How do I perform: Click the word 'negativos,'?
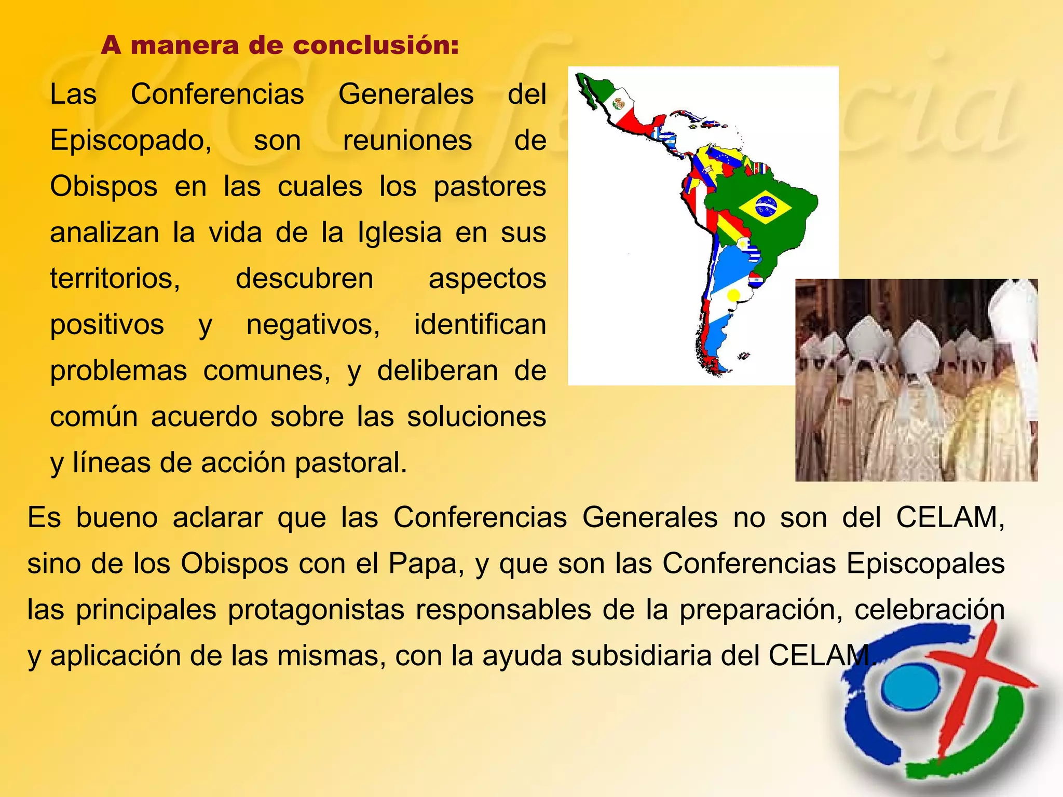point(313,325)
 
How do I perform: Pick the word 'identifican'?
point(480,325)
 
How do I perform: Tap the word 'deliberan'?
point(438,371)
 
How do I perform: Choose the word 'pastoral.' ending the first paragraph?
point(351,463)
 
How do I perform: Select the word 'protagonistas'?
point(316,610)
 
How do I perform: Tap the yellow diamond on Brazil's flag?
point(765,207)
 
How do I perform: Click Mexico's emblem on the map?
point(618,104)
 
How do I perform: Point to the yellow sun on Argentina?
point(733,295)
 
